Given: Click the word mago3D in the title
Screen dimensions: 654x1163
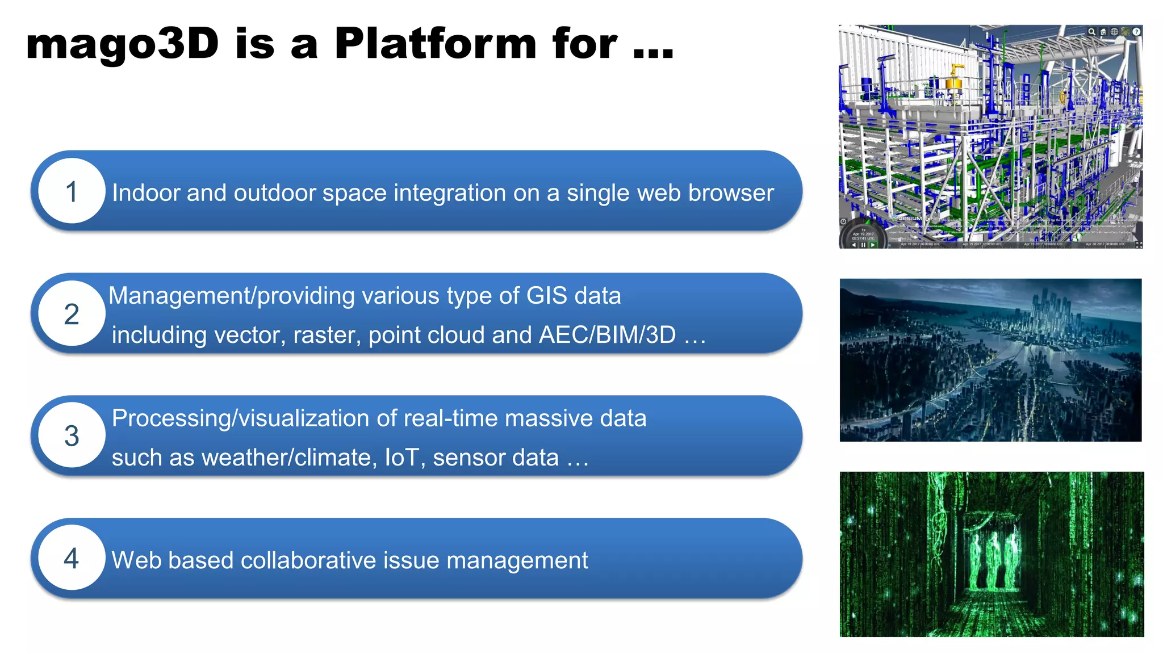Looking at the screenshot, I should pyautogui.click(x=122, y=44).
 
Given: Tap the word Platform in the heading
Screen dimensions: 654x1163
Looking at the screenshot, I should pyautogui.click(x=436, y=44).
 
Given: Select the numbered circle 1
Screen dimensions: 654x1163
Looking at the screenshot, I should pyautogui.click(x=72, y=191).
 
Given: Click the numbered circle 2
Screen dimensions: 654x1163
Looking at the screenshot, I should pyautogui.click(x=72, y=314).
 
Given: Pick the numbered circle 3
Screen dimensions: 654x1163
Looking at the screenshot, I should pyautogui.click(x=72, y=436).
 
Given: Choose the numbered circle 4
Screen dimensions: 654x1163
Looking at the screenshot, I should pyautogui.click(x=72, y=559).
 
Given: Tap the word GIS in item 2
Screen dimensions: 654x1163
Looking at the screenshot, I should pyautogui.click(x=546, y=296).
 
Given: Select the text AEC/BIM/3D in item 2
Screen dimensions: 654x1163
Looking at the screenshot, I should pyautogui.click(x=607, y=335).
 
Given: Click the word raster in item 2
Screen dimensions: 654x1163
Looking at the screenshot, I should pyautogui.click(x=326, y=335).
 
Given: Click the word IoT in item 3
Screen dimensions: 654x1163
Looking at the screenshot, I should pyautogui.click(x=402, y=458).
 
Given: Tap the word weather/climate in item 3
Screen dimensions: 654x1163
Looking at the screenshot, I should pyautogui.click(x=289, y=458).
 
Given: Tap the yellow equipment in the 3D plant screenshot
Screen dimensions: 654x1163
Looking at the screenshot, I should pyautogui.click(x=955, y=79).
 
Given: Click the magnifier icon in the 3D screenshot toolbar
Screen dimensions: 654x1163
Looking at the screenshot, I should pyautogui.click(x=1091, y=32).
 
